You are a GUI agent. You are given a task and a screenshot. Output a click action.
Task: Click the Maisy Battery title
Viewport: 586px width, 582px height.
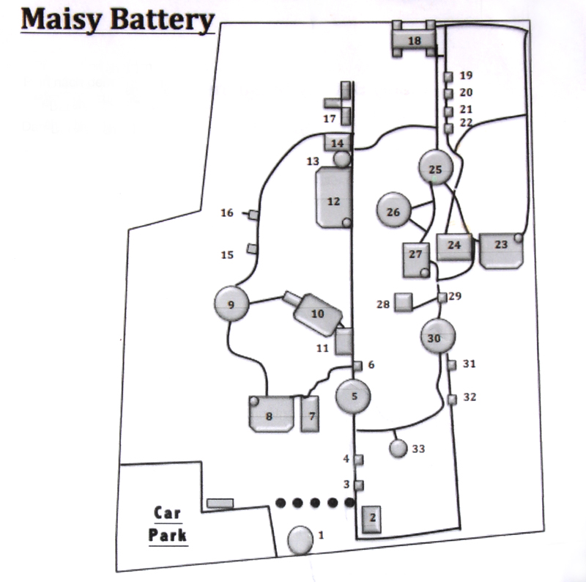coord(117,20)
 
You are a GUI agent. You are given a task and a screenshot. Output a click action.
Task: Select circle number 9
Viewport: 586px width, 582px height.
coord(231,304)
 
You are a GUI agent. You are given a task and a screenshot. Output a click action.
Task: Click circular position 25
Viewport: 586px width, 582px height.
coord(436,169)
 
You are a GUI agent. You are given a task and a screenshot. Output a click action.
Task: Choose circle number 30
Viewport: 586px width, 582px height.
coord(439,337)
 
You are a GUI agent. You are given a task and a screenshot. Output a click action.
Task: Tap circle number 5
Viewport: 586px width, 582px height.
coord(353,397)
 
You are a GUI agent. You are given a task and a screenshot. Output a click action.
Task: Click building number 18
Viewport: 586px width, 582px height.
coord(415,40)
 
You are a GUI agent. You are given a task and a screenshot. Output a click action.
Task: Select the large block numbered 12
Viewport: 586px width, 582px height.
coord(334,199)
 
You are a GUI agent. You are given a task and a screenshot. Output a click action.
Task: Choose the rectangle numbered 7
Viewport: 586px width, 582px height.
coord(311,414)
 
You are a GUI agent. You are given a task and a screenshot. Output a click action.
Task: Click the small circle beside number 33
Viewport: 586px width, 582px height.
coord(398,448)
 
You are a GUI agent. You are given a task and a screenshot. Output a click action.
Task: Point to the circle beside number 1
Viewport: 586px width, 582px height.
coord(300,539)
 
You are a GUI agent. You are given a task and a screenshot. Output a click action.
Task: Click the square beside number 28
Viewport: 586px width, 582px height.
coord(402,301)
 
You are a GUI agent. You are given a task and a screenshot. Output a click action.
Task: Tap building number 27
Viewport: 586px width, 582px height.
coord(416,259)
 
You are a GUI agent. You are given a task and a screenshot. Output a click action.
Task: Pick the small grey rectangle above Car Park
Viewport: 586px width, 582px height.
coord(220,504)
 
